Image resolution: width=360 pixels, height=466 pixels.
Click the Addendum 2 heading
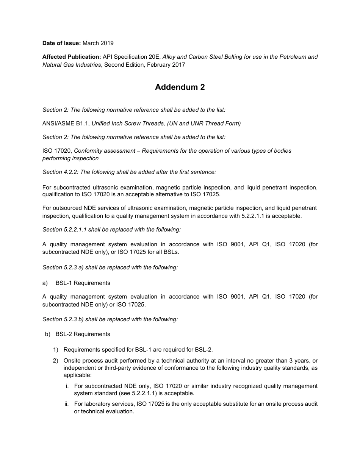click(180, 87)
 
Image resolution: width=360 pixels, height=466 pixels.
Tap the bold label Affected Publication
click(72, 57)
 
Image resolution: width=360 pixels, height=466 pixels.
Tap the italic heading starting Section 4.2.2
click(129, 172)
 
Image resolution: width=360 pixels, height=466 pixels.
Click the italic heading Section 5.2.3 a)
click(110, 267)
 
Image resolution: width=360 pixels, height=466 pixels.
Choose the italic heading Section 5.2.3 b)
click(110, 319)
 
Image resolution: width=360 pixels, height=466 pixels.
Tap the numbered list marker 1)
click(55, 350)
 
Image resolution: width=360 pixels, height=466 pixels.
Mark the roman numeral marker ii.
click(67, 404)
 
